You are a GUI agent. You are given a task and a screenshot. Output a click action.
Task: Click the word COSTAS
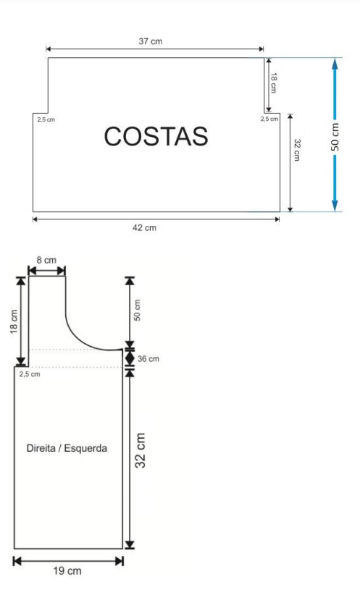[x=156, y=136]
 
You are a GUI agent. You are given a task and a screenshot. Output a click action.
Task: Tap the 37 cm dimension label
[x=151, y=41]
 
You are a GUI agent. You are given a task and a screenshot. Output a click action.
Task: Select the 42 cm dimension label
[x=144, y=227]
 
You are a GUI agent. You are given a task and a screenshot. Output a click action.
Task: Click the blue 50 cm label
[x=335, y=137]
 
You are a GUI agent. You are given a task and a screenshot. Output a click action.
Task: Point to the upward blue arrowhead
[x=335, y=64]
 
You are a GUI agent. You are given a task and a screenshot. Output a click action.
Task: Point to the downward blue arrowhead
[x=335, y=205]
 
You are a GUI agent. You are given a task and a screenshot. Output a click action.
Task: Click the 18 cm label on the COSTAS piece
[x=274, y=83]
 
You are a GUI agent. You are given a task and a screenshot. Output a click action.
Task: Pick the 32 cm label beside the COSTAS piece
[x=297, y=150]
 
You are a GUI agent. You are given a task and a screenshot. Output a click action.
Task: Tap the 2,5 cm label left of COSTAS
[x=46, y=119]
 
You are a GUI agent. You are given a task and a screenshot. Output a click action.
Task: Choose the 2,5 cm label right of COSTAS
[x=269, y=119]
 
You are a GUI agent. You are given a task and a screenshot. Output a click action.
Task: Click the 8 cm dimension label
[x=46, y=260]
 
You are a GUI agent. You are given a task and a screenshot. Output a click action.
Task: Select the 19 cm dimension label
[x=67, y=570]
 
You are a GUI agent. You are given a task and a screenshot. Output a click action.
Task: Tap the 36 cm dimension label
[x=148, y=359]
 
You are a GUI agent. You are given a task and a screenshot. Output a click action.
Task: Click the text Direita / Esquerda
[x=67, y=448]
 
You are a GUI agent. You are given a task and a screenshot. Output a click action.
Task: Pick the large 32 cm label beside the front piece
[x=140, y=450]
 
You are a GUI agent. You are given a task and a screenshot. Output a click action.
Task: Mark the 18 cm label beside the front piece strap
[x=14, y=321]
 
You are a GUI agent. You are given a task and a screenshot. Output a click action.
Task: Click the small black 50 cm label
[x=137, y=311]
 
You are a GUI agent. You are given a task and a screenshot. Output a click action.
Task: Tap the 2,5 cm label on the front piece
[x=30, y=374]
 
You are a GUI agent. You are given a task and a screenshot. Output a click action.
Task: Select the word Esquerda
[x=85, y=448]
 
